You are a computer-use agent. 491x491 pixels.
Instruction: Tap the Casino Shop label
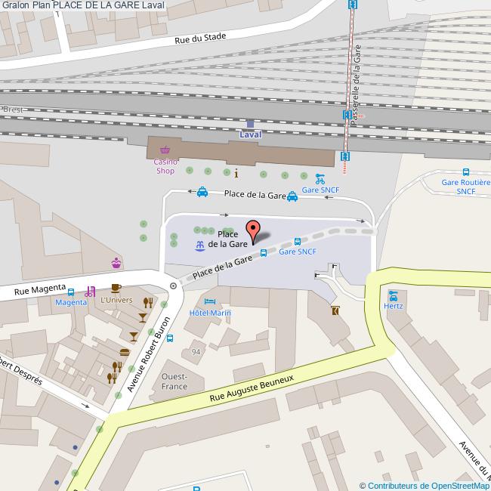[165, 166]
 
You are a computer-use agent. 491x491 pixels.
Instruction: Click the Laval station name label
[250, 134]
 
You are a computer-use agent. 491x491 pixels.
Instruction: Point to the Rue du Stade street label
[200, 39]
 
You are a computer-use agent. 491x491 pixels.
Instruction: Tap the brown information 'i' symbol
[236, 172]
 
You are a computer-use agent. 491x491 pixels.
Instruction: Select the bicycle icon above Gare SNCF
[320, 180]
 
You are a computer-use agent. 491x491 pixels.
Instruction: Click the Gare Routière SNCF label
[466, 187]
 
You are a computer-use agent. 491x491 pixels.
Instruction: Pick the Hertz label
[393, 306]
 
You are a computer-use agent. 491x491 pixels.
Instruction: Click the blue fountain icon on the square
[199, 245]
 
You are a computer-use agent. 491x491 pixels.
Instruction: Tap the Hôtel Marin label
[210, 313]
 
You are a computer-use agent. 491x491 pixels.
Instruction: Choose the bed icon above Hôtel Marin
[209, 301]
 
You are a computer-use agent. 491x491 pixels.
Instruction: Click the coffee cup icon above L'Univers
[116, 288]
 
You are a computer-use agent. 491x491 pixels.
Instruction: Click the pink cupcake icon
[116, 263]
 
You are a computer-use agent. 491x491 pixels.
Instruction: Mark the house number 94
[196, 352]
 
